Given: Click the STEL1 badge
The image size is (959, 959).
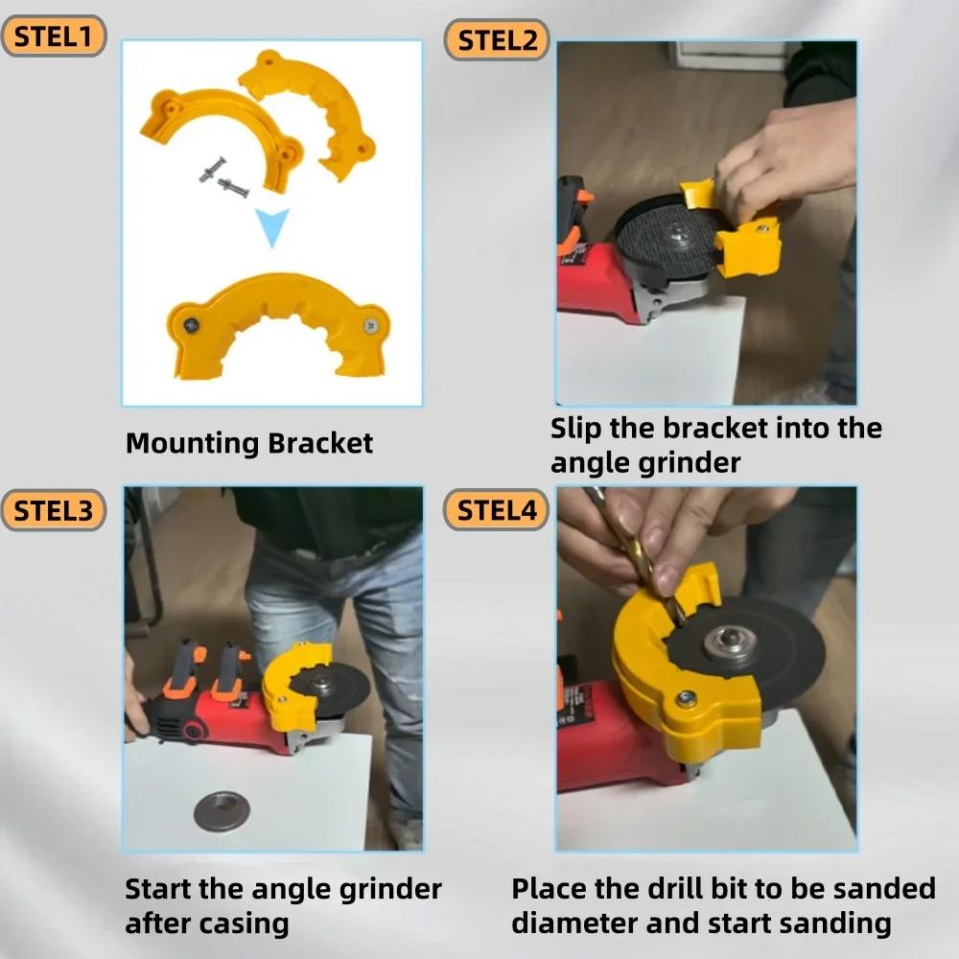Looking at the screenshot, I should click(x=53, y=36).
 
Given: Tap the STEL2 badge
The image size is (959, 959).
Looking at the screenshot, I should click(x=496, y=40).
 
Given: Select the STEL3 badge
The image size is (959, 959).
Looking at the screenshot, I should click(x=53, y=510).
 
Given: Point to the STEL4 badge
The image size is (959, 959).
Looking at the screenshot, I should click(x=496, y=509).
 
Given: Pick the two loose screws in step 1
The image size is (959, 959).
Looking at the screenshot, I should click(x=222, y=177).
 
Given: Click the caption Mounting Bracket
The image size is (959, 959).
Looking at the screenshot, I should click(x=249, y=444).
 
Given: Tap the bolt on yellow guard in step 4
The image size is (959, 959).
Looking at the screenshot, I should click(x=686, y=699).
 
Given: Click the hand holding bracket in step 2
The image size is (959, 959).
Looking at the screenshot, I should click(x=782, y=158).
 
